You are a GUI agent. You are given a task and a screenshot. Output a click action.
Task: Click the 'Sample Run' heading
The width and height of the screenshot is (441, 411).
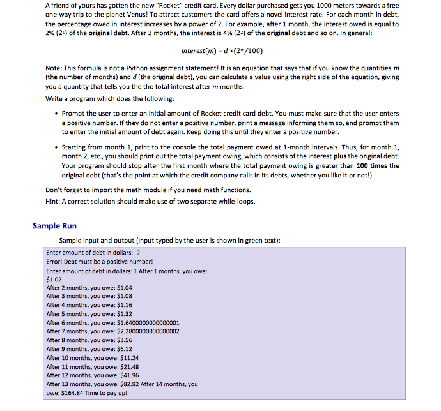point(54,225)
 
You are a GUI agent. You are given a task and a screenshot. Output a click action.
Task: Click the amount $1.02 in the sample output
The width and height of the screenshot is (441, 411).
point(54,279)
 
